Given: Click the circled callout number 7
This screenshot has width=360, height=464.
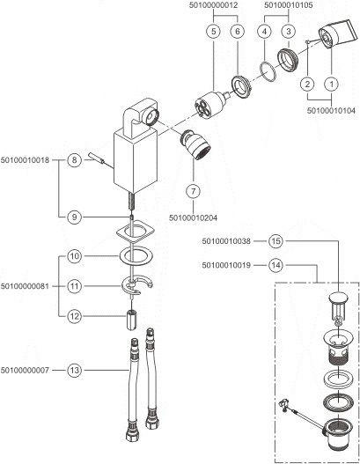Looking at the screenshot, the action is point(193,191).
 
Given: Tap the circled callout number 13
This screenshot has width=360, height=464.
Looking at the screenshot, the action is point(74,370).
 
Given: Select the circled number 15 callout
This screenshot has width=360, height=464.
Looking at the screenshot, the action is point(276,241).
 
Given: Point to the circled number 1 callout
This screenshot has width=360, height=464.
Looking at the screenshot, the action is point(332,84).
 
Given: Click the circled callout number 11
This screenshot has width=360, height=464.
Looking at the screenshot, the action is point(74,286).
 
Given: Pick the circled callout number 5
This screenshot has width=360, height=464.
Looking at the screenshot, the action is point(213,32).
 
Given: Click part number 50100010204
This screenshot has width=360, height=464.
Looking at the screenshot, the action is point(193,218).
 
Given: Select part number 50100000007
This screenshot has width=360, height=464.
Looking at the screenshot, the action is point(25,370).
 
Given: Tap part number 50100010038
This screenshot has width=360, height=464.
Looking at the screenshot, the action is point(226,241).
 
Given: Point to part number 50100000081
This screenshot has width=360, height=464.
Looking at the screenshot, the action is point(25,286).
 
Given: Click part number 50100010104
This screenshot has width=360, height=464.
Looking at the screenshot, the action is point(331,111).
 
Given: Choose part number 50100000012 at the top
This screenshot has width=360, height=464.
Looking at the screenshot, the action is point(213,5).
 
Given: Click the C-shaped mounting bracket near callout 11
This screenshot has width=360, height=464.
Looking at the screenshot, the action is point(136,285).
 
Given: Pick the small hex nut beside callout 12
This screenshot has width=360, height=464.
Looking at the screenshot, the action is point(131,320).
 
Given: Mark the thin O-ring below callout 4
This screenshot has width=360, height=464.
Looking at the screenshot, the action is point(268,70).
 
